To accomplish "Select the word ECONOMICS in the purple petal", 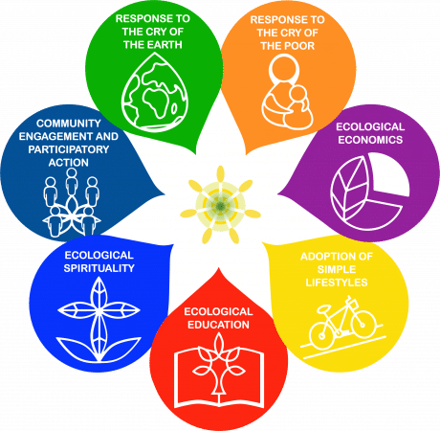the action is (x=370, y=140).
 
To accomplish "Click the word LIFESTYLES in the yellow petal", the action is (x=337, y=283).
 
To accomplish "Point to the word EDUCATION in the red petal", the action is (x=218, y=325).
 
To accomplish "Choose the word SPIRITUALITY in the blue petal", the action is (x=99, y=268).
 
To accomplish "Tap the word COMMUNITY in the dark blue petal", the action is (x=69, y=124).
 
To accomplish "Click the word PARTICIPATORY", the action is (x=69, y=149).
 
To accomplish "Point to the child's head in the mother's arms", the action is (x=299, y=94).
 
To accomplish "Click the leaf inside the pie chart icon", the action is (x=348, y=189).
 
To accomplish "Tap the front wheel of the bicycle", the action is (x=363, y=325).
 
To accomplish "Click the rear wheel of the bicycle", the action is (x=322, y=336).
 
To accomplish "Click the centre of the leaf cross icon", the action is (x=99, y=309).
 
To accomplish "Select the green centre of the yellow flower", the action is (x=220, y=206).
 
